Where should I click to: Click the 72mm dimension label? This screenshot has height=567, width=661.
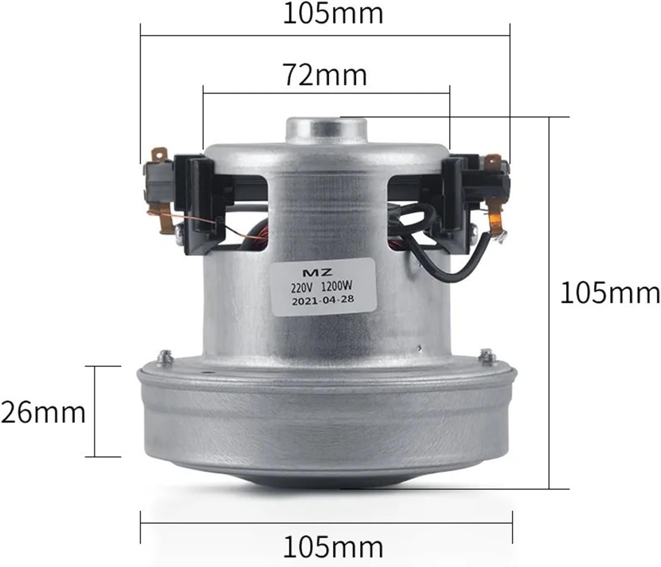[325, 75]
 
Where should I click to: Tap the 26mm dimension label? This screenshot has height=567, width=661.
[43, 412]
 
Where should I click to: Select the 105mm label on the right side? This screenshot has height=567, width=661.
[610, 293]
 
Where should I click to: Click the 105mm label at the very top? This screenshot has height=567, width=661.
[333, 14]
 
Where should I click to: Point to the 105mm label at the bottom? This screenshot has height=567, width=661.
[333, 547]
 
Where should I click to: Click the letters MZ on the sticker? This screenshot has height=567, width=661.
[324, 272]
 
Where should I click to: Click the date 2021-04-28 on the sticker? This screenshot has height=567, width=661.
[323, 299]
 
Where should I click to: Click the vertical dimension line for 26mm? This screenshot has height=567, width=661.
[95, 411]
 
